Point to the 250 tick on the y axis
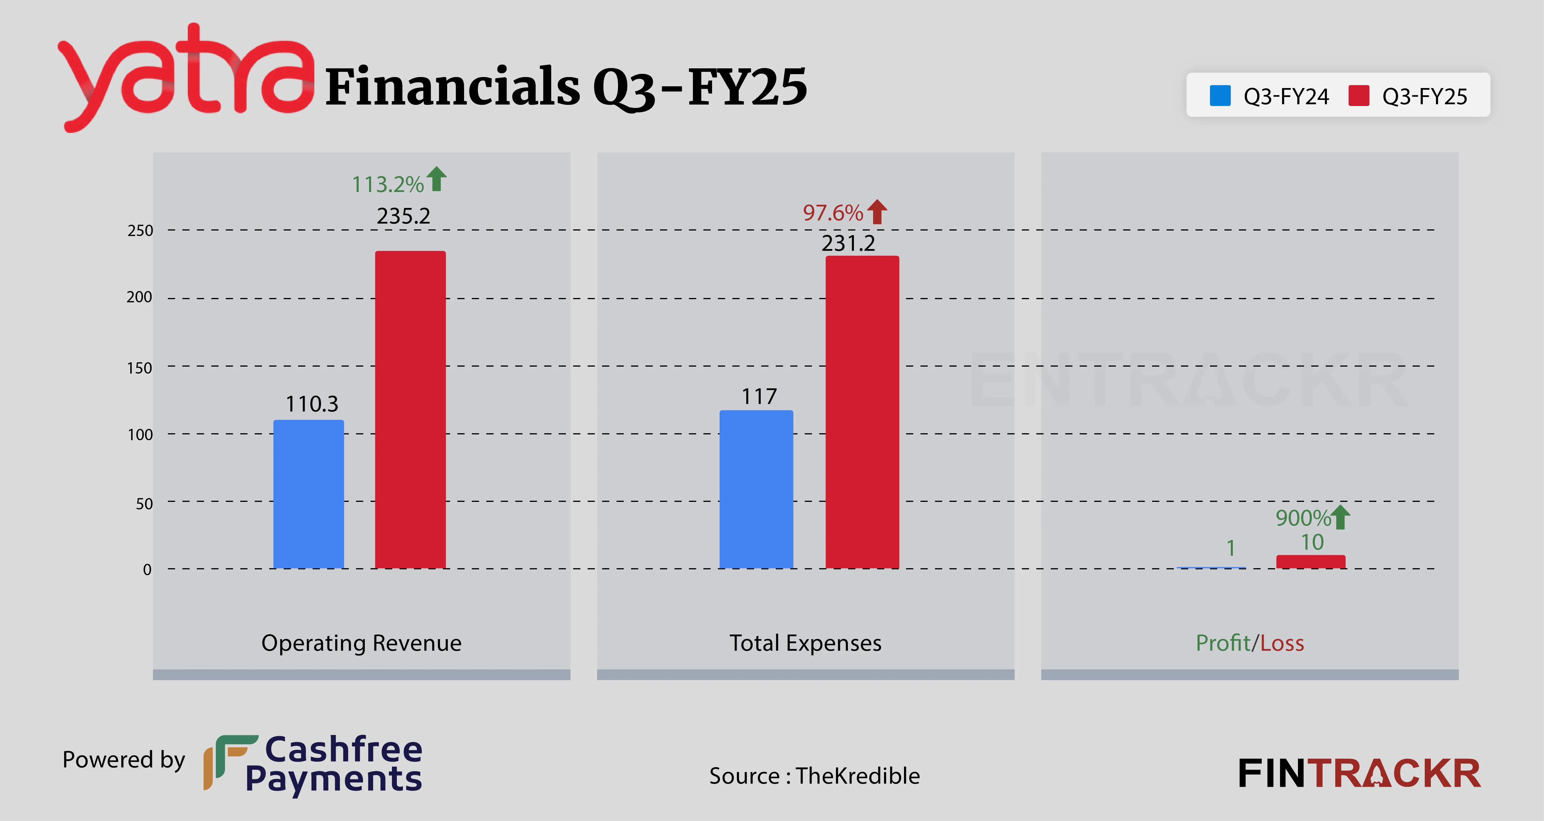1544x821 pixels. (140, 230)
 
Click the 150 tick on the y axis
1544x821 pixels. (140, 367)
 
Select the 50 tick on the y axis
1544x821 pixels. (144, 504)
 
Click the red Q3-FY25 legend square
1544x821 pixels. (1359, 95)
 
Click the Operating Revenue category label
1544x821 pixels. (362, 643)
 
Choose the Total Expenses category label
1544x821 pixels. (805, 643)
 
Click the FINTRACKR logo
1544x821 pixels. (1359, 774)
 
